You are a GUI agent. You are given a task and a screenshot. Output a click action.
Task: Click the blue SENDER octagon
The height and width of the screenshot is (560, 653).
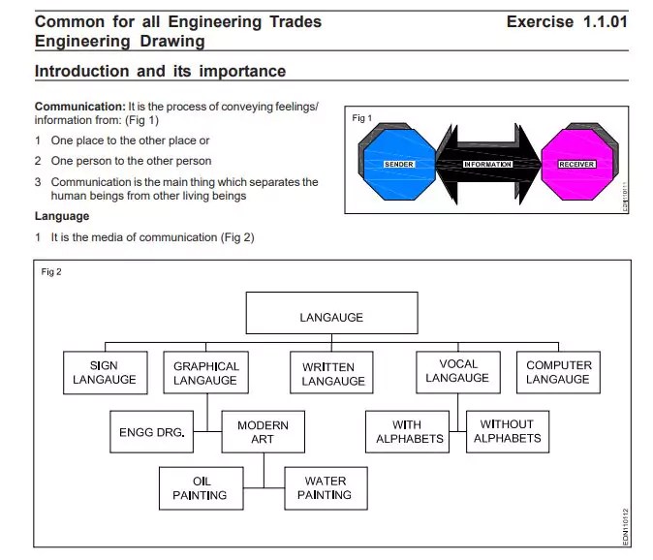pos(398,165)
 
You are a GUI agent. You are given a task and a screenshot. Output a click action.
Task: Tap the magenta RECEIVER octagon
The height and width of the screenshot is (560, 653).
pos(576,165)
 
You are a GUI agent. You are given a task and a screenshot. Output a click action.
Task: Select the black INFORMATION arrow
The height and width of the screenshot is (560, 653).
pos(487,165)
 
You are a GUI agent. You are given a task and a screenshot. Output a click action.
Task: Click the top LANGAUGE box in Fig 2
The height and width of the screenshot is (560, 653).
pos(331,317)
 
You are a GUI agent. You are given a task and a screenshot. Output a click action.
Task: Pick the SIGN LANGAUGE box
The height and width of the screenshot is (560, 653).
pos(104,373)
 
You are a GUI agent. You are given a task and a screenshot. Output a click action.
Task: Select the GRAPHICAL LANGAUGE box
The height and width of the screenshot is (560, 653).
pos(205,373)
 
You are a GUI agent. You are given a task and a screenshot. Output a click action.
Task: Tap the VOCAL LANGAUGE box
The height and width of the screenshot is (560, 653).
pos(457,371)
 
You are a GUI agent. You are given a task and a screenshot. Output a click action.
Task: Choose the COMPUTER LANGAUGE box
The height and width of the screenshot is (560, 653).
pos(558,373)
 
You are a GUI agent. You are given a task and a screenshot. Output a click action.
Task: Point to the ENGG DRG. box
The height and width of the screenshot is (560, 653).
pos(151,432)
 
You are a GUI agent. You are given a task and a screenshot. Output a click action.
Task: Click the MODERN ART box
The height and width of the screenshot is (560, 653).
pos(263,432)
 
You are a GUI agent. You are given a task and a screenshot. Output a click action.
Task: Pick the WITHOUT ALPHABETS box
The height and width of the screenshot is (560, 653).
pos(507,432)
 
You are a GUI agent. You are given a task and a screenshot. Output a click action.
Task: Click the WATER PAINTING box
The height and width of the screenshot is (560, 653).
pos(325,488)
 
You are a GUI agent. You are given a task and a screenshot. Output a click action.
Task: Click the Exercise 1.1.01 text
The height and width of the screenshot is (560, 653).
pos(566,21)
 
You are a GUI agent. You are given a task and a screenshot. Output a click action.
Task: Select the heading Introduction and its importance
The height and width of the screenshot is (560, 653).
pos(160,72)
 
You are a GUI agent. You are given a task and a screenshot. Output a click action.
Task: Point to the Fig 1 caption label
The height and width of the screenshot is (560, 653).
pos(361,118)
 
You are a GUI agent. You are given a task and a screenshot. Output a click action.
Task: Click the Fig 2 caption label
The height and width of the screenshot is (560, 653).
pos(51,271)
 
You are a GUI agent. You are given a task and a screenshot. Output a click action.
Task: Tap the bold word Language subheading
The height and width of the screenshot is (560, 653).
pos(62,216)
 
